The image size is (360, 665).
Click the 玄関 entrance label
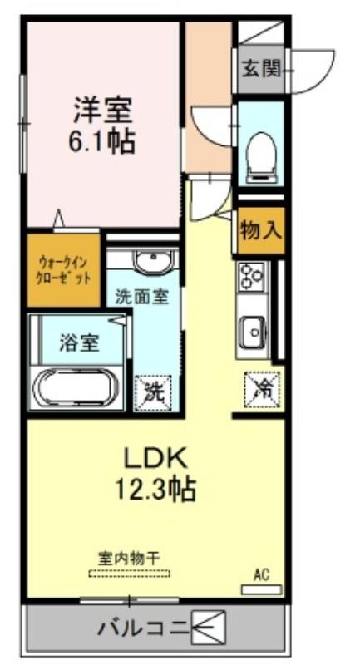(261, 69)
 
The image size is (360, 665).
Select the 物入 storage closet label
(260, 231)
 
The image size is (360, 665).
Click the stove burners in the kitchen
(252, 276)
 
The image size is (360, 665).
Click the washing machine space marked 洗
(153, 393)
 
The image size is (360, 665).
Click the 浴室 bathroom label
(79, 344)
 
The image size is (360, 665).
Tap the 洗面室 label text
(142, 298)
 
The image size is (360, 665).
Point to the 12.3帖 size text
(155, 489)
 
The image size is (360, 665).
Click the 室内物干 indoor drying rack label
(129, 557)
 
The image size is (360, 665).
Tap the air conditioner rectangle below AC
(261, 589)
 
